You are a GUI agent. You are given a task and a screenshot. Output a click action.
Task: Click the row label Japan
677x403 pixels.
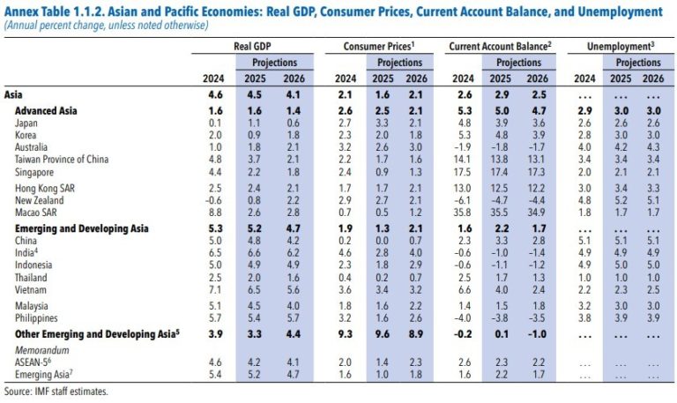point(26,123)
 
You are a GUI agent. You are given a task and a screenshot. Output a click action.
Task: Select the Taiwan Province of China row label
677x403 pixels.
point(63,160)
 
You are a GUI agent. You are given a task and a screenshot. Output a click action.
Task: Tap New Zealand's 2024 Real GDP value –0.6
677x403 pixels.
point(212,201)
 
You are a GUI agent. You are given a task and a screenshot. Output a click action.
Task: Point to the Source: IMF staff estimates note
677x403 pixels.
point(56,391)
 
